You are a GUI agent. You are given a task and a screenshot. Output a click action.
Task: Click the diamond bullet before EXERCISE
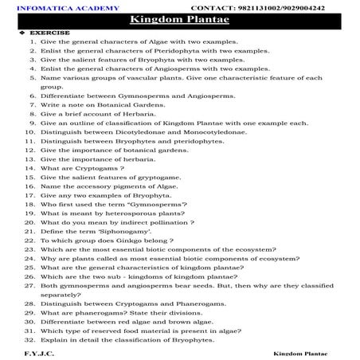tap(10, 33)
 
